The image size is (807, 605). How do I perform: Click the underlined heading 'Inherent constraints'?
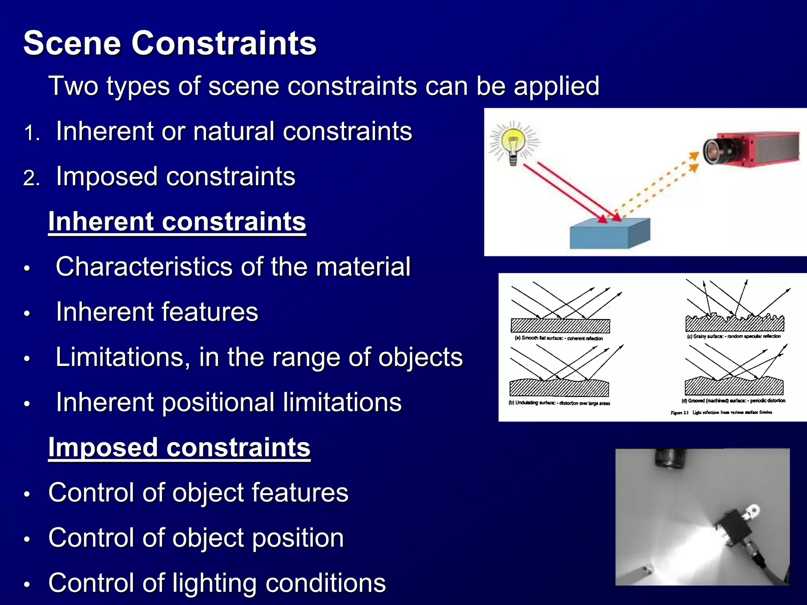(177, 221)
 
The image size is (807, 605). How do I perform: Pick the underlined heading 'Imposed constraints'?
(179, 447)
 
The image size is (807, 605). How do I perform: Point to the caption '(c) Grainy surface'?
(733, 336)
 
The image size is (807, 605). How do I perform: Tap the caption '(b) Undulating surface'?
(559, 403)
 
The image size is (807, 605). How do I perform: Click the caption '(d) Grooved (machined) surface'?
(733, 401)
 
